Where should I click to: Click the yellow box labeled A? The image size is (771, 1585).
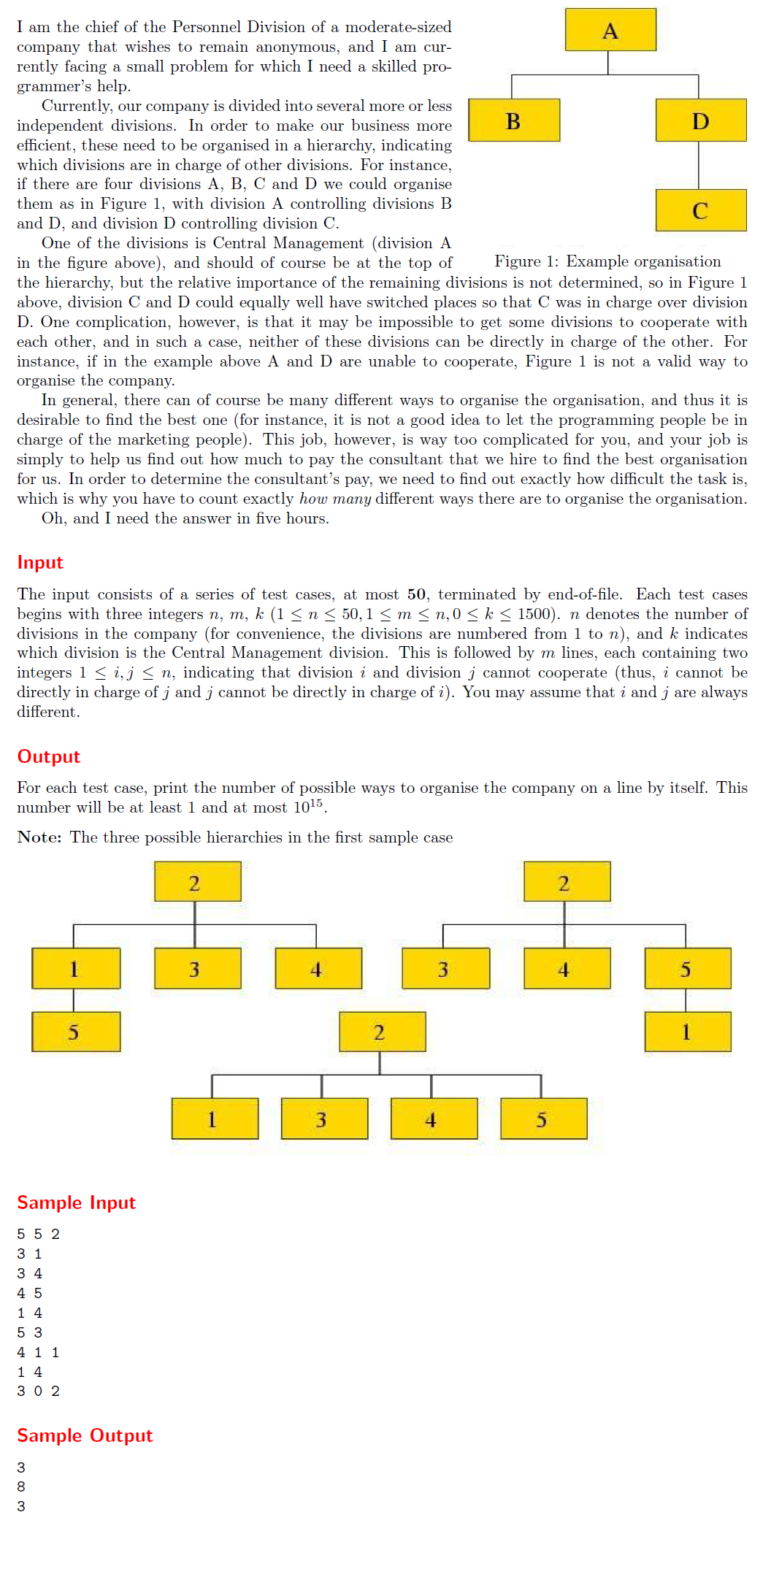610,30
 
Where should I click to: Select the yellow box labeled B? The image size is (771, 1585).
513,120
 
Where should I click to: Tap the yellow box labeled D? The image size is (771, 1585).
700,120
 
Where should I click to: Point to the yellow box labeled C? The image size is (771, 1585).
700,210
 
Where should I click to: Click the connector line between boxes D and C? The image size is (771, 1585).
699,165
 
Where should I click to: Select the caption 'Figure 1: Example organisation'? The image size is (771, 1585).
607,261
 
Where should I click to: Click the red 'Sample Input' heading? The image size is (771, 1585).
76,1202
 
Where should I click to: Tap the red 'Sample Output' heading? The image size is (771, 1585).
85,1435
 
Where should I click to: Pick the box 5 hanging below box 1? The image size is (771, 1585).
76,1032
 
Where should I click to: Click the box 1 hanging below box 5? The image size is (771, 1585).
687,1032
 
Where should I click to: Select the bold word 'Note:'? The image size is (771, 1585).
39,837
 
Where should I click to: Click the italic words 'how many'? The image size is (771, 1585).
335,499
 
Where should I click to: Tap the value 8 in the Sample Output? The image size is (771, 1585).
21,1486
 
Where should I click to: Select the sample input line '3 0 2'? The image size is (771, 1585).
38,1391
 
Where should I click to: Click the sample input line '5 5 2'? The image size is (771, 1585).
38,1234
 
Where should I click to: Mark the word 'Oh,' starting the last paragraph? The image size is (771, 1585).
53,518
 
